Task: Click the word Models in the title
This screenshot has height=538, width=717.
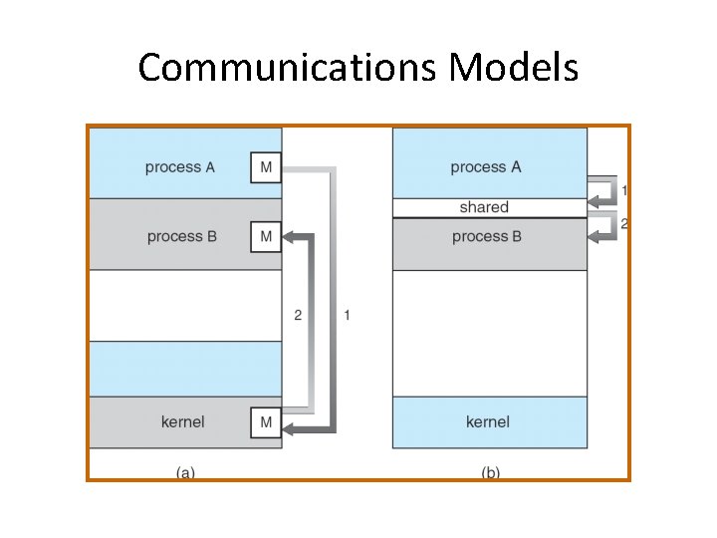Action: coord(514,69)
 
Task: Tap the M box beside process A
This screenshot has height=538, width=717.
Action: coord(266,167)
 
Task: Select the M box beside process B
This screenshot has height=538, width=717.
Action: coord(266,236)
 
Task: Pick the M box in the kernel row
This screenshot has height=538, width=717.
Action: coord(266,422)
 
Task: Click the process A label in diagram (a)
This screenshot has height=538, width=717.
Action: coord(179,167)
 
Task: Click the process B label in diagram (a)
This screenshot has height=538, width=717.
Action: coord(181,237)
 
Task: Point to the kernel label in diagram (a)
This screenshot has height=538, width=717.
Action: coord(182,422)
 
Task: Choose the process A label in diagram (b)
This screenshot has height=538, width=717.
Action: coord(485,167)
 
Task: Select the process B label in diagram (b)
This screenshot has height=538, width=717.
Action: coord(486,237)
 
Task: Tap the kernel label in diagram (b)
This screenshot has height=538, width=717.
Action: coord(488,422)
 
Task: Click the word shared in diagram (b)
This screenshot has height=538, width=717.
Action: coord(484,207)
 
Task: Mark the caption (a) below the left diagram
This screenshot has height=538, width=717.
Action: coord(185,473)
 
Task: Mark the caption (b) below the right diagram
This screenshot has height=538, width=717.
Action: coord(490,473)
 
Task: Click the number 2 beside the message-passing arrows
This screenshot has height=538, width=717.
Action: coord(298,316)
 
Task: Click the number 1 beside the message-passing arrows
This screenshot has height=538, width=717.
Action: coord(347,316)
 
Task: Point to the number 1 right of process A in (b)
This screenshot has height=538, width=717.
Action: coord(624,190)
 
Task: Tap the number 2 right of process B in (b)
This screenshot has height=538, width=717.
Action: coord(624,224)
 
